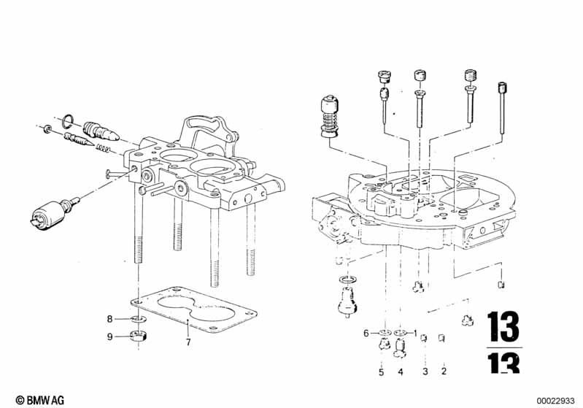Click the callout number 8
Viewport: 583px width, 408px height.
click(109, 319)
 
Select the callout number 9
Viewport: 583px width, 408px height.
click(109, 336)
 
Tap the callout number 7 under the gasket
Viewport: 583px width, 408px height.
click(188, 342)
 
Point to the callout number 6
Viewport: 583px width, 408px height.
click(366, 334)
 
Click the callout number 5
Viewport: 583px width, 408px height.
click(381, 372)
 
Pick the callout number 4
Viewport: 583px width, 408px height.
click(401, 372)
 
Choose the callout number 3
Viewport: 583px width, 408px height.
click(425, 372)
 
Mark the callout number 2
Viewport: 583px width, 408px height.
click(444, 371)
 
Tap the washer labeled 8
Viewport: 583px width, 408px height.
click(139, 319)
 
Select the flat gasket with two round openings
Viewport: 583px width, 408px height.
click(193, 309)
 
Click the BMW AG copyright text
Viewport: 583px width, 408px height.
click(40, 400)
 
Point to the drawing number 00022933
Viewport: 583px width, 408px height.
click(555, 401)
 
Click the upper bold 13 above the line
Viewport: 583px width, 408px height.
click(503, 327)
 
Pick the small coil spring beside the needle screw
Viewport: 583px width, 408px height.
click(104, 148)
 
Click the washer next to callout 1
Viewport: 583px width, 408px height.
click(401, 332)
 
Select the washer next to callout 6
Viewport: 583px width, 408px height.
click(385, 332)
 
